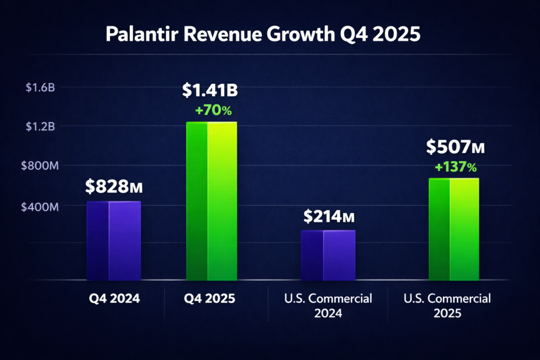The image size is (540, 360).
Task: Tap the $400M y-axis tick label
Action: (39, 207)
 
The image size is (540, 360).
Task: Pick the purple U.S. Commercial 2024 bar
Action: (327, 255)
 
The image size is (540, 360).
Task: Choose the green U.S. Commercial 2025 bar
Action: (454, 230)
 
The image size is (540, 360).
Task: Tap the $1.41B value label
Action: (210, 90)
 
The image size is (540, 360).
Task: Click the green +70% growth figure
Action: (213, 111)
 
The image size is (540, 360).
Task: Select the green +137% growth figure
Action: (456, 168)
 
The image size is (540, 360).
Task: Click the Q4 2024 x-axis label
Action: (113, 299)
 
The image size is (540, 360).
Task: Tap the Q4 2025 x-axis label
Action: (209, 299)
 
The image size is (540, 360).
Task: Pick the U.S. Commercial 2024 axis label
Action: (328, 306)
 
